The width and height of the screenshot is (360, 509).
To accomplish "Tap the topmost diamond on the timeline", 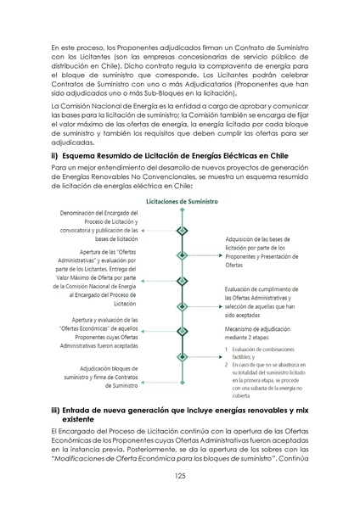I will tap(180, 230).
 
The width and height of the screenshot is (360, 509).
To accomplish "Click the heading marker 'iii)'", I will tap(57, 411).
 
